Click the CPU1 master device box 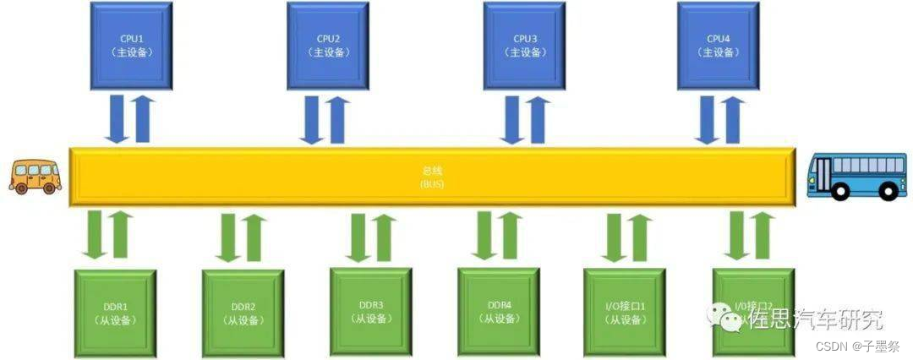pyautogui.click(x=131, y=45)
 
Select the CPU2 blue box pyautogui.click(x=328, y=45)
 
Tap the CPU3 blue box pyautogui.click(x=524, y=45)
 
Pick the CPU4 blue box pyautogui.click(x=719, y=45)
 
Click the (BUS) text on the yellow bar pyautogui.click(x=432, y=183)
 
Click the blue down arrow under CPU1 pyautogui.click(x=117, y=120)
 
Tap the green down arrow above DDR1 pyautogui.click(x=94, y=236)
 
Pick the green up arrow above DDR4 pyautogui.click(x=510, y=236)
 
